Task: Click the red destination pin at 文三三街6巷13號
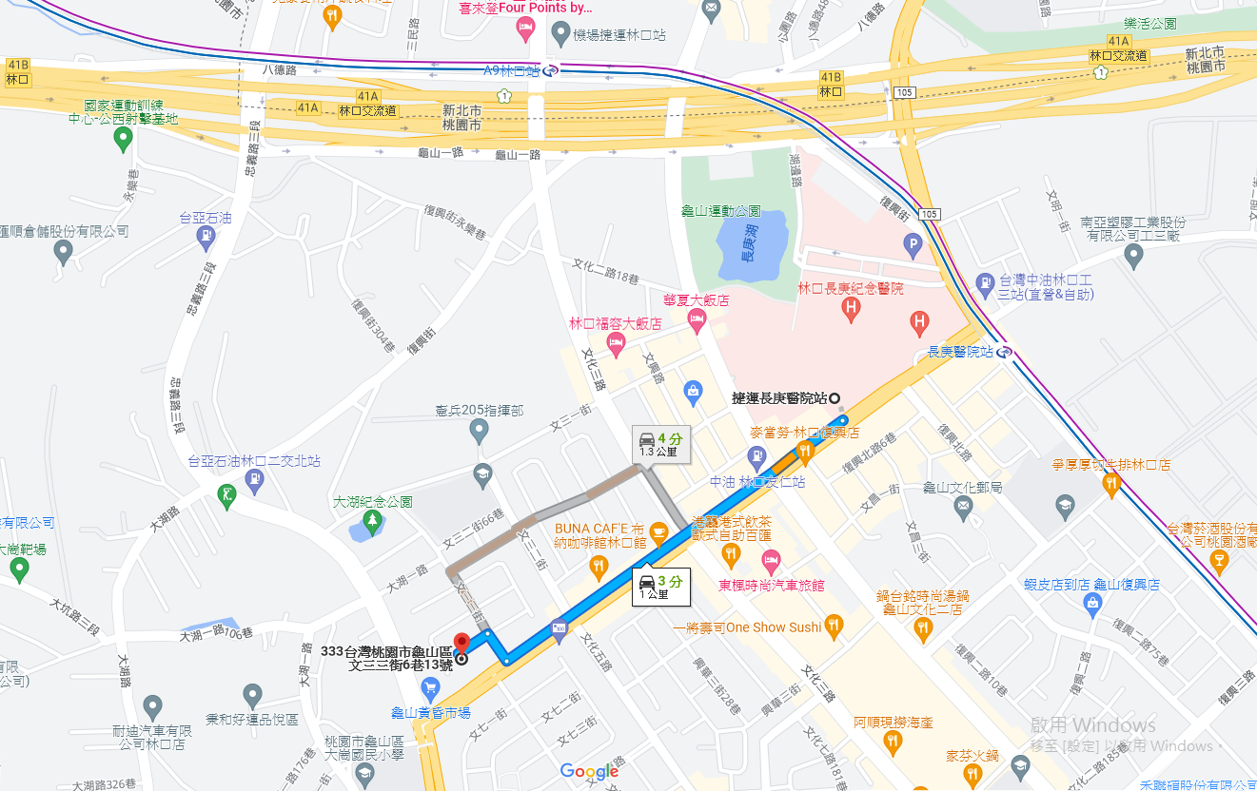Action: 462,643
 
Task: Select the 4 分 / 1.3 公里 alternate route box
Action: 661,444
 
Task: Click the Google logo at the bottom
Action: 589,771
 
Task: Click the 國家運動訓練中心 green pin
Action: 123,139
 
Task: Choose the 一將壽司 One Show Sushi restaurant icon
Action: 834,625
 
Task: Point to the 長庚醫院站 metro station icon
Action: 1006,352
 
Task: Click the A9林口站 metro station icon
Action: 551,70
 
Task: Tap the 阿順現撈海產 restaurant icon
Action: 892,741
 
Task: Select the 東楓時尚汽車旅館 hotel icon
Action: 770,560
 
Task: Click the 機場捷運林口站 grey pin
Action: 561,35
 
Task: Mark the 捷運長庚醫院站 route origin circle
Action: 835,398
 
